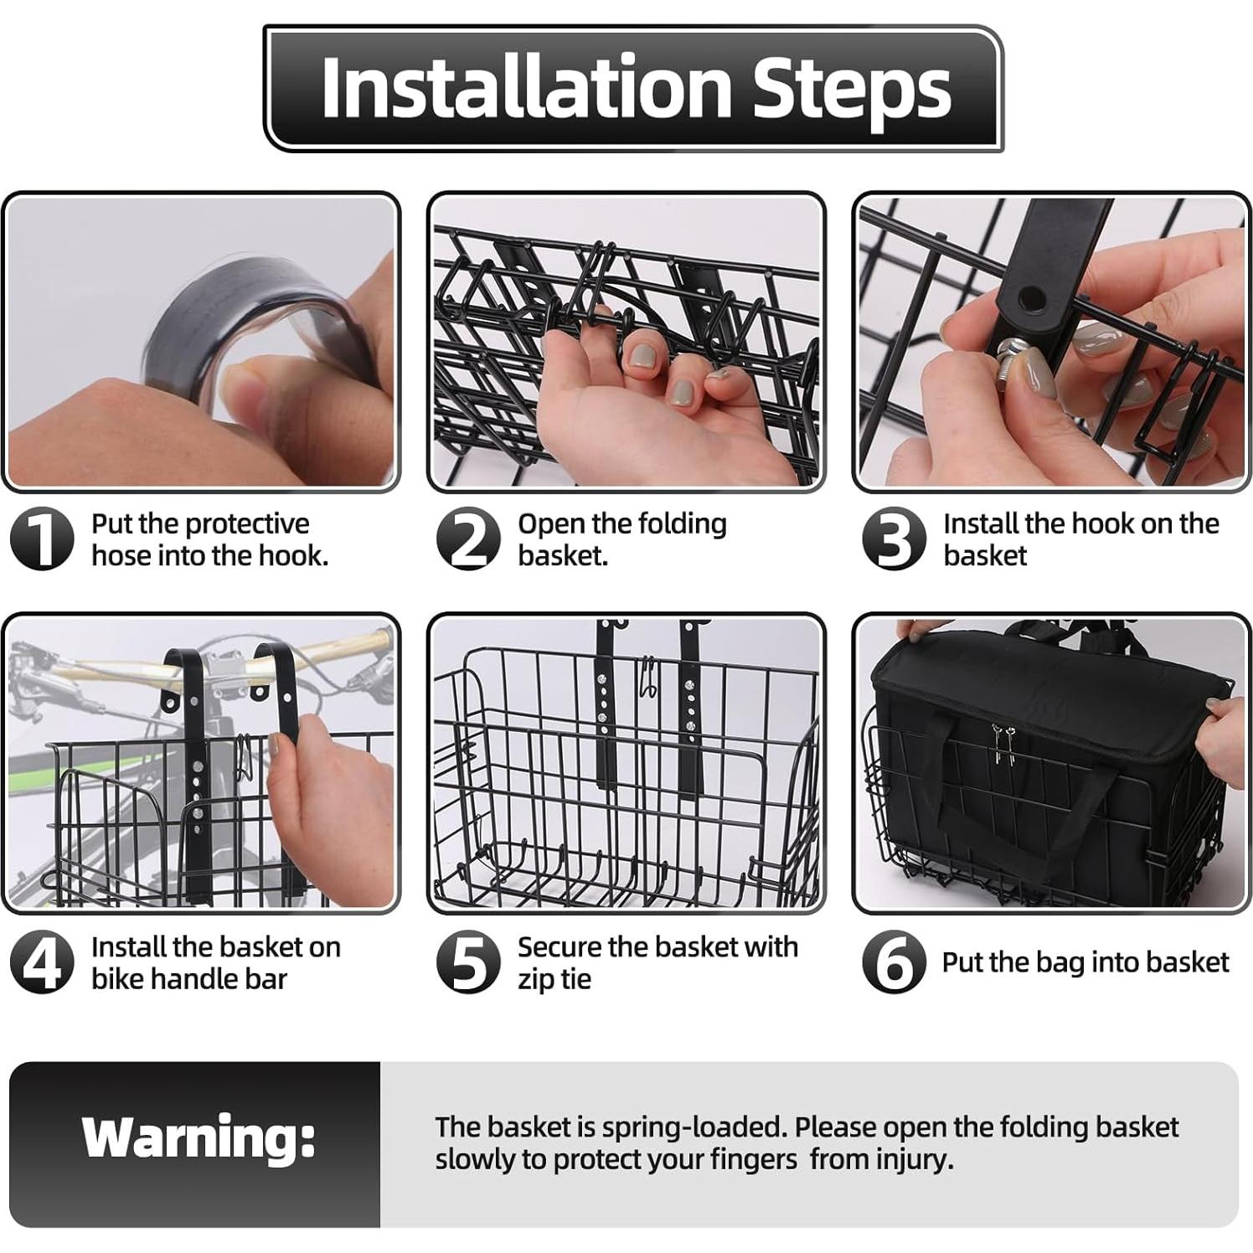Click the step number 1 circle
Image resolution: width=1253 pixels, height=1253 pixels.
pyautogui.click(x=42, y=539)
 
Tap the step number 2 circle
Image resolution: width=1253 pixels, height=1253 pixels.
pyautogui.click(x=468, y=539)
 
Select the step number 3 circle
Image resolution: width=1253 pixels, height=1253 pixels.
pyautogui.click(x=895, y=539)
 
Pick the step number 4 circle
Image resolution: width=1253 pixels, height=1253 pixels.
pyautogui.click(x=42, y=962)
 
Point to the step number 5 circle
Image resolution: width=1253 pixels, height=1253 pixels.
pyautogui.click(x=468, y=962)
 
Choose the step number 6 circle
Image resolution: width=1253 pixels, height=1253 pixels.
pyautogui.click(x=895, y=962)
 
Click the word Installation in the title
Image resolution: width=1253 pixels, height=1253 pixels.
pyautogui.click(x=526, y=88)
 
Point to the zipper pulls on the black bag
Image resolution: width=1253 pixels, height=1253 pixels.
pyautogui.click(x=1004, y=743)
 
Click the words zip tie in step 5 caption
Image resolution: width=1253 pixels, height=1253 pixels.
pyautogui.click(x=554, y=979)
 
